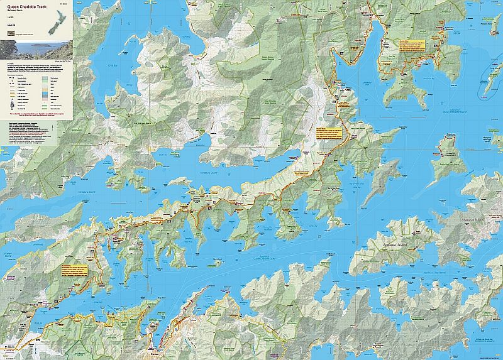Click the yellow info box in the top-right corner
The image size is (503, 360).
coord(412,46)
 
